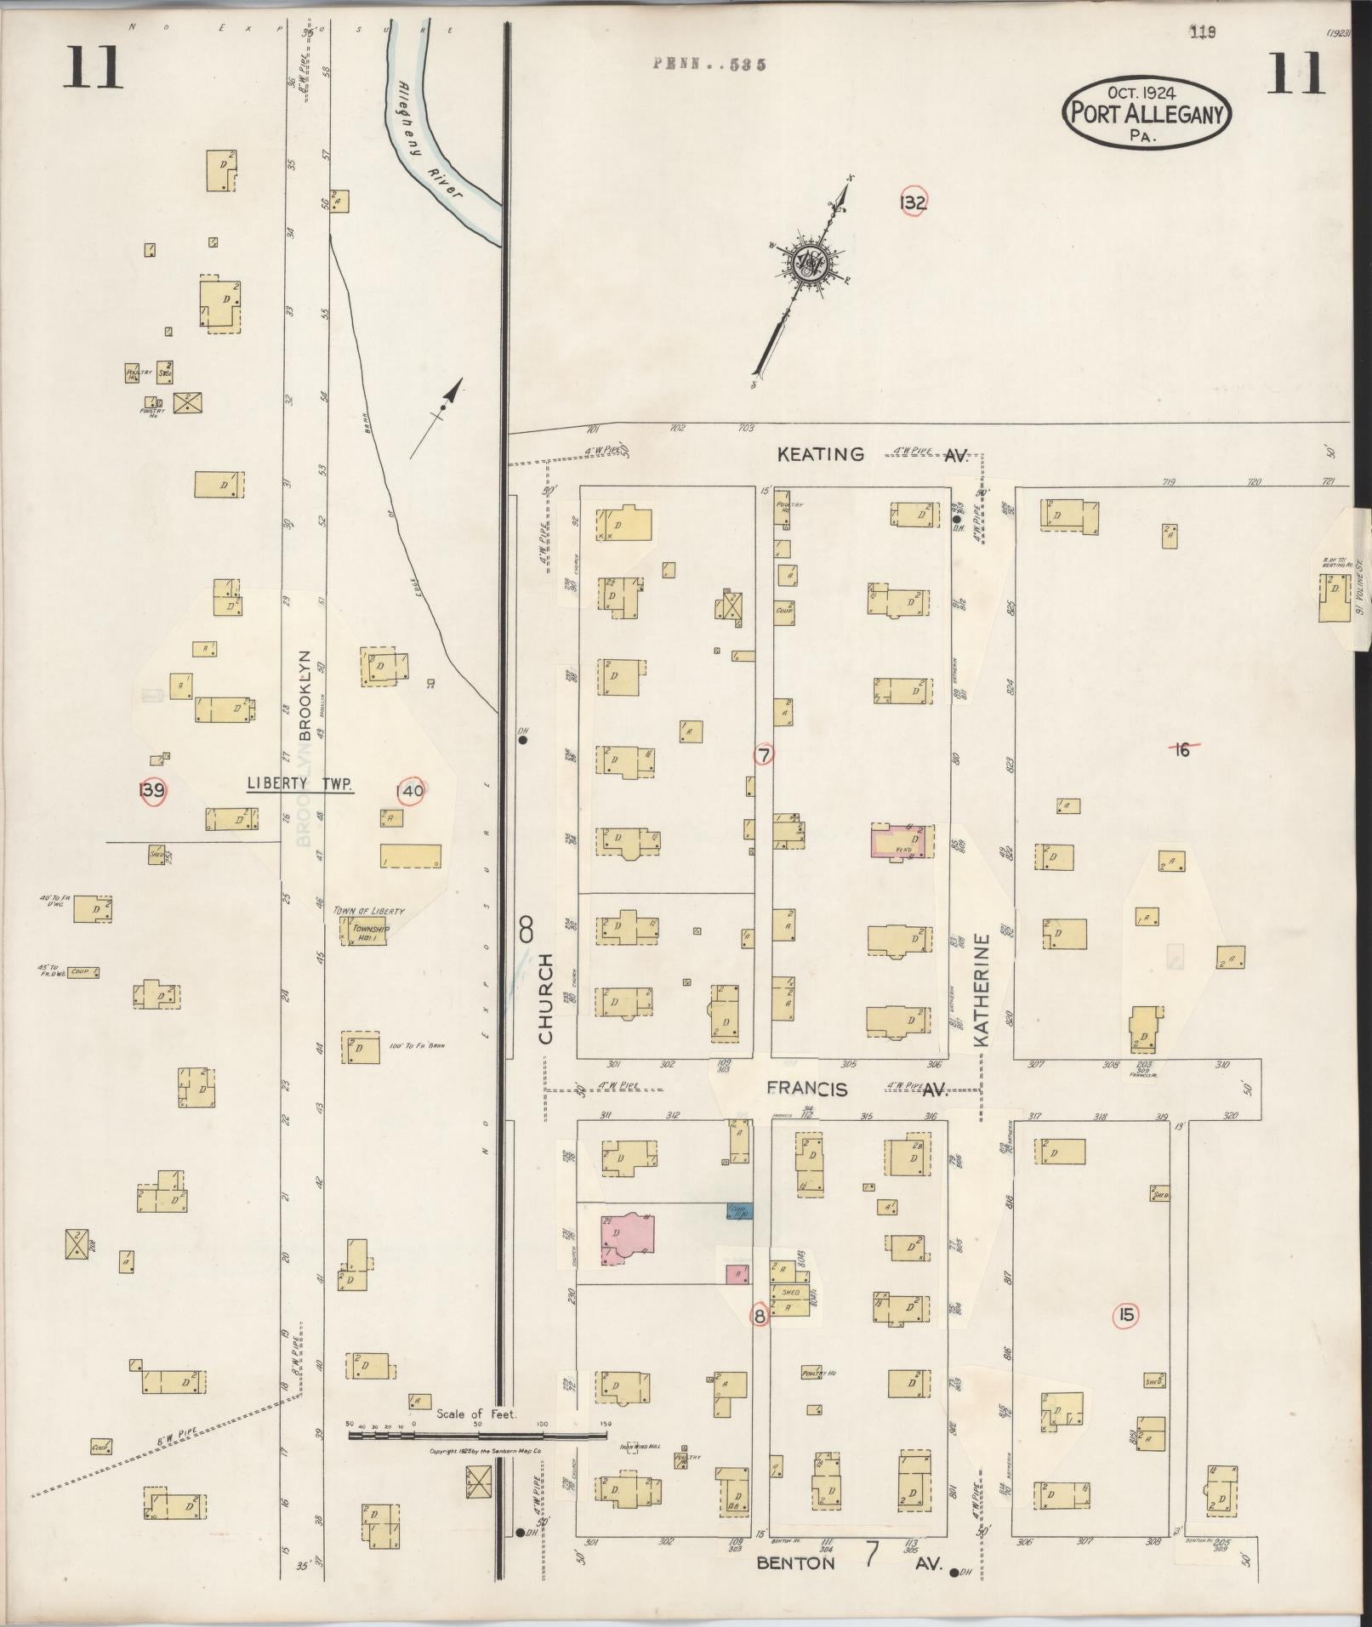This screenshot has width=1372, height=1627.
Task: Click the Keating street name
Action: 820,455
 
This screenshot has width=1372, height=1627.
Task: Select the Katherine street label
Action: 982,991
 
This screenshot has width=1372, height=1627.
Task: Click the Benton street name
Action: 795,1563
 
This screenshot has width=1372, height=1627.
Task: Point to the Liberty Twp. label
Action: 299,784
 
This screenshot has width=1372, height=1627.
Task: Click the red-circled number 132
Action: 913,202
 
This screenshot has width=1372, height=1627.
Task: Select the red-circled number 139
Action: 151,790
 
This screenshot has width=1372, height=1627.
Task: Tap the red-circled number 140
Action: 410,790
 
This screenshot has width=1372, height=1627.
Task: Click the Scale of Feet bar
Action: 478,1436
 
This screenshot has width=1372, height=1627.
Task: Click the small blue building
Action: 738,1211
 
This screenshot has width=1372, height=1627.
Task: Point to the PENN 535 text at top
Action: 709,64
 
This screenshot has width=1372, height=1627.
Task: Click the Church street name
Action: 545,998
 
